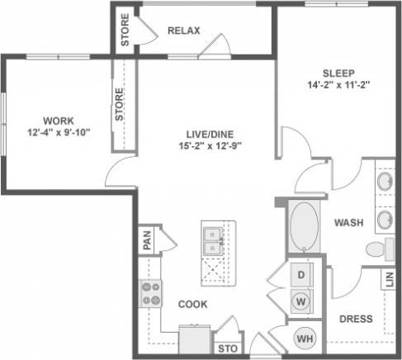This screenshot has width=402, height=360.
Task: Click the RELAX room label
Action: point(184,31)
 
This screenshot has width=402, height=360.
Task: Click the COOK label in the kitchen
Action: point(192,304)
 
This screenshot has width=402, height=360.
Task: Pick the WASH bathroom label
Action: point(351,223)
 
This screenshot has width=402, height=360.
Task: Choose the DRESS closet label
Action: point(355,319)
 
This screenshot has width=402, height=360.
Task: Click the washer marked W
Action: point(301,301)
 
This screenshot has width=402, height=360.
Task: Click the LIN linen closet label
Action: point(388,279)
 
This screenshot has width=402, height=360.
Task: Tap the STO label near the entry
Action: point(226,349)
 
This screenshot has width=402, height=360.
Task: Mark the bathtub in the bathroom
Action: point(303,225)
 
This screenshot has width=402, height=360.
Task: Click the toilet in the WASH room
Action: point(377,248)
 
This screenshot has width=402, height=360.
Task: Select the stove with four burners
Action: point(150,293)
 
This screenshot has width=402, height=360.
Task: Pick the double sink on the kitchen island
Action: point(212,239)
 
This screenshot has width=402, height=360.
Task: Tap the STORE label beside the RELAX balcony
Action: point(125,30)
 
